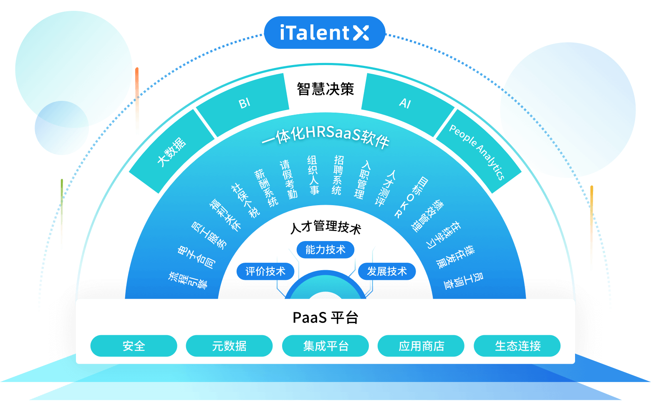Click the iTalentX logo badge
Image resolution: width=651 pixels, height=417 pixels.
(x=325, y=33)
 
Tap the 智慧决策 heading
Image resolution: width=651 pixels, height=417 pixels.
(x=325, y=89)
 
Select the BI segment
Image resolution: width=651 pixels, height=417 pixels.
(x=243, y=105)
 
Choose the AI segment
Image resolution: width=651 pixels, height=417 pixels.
(x=407, y=105)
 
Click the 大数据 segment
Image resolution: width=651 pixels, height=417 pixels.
(x=172, y=151)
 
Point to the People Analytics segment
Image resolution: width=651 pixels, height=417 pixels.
(x=478, y=151)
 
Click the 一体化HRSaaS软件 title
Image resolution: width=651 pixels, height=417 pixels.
(x=325, y=137)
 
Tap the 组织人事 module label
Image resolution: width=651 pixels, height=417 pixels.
(x=313, y=175)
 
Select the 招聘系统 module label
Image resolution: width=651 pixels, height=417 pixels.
(x=338, y=175)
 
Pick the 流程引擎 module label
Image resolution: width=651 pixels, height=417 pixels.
(x=188, y=280)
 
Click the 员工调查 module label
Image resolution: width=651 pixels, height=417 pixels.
(x=464, y=281)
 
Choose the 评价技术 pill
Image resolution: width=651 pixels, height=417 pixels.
(x=265, y=271)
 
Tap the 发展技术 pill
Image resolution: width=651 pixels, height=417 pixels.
(x=387, y=271)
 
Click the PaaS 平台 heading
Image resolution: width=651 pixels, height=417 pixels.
(x=325, y=317)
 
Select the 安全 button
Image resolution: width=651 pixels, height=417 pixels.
(x=134, y=346)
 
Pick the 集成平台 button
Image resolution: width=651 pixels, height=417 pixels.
(x=325, y=346)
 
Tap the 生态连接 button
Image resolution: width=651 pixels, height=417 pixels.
(x=517, y=346)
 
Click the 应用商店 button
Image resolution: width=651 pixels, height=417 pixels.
(x=421, y=346)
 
